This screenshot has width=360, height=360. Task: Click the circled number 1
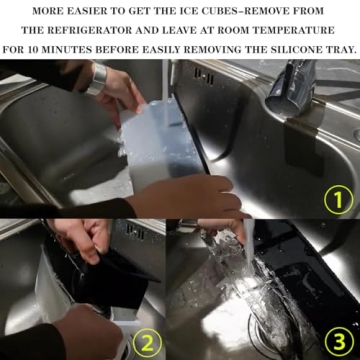tap(338, 199)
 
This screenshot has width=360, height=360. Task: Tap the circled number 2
tap(147, 343)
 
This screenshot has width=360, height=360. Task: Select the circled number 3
tap(338, 342)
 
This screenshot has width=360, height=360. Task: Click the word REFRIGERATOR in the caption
tap(84, 31)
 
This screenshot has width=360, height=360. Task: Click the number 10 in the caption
tap(34, 50)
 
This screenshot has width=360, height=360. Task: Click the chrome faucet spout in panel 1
tap(287, 89)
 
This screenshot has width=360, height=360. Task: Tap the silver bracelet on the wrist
tap(96, 79)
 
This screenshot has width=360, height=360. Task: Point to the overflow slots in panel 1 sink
tap(204, 77)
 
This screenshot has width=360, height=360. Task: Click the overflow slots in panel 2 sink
tap(135, 232)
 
